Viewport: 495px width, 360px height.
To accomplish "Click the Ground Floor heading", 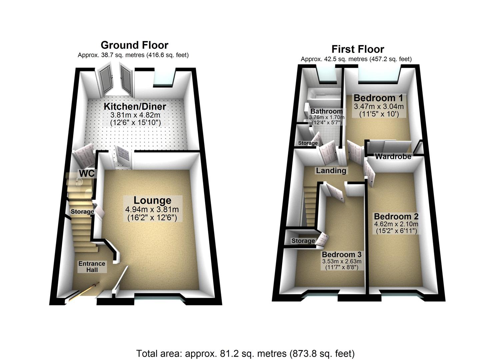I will [134, 45].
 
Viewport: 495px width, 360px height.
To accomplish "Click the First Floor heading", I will [358, 49].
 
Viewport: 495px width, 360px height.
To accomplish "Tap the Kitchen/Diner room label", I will [135, 107].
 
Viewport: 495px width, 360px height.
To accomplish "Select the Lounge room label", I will [152, 200].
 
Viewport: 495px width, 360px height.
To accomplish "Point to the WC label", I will [87, 173].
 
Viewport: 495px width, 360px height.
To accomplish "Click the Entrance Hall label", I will [92, 267].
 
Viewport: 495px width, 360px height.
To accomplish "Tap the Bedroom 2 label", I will [396, 216].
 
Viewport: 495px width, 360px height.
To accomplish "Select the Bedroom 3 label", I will [341, 255].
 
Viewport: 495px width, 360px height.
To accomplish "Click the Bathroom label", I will [326, 111].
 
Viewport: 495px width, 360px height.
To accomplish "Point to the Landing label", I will [331, 171].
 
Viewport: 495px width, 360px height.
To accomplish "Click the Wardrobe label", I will [393, 157].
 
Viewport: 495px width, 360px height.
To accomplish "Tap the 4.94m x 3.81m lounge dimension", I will [152, 210].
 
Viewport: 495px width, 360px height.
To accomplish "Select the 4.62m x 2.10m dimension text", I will [396, 224].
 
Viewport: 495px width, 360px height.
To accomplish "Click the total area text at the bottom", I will [245, 353].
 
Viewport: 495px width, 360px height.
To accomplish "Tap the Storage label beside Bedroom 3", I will [303, 241].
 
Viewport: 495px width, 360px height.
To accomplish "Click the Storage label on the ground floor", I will [82, 212].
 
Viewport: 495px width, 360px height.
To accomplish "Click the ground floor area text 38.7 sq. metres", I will [133, 55].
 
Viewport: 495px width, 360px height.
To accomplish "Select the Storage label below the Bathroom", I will [308, 143].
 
